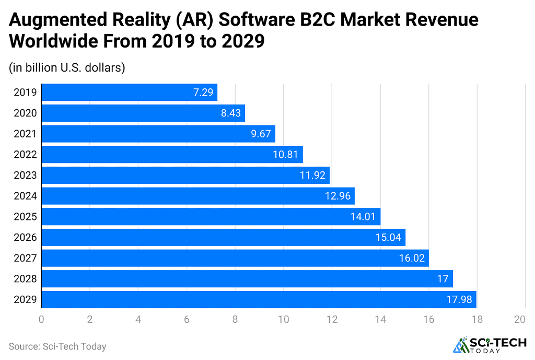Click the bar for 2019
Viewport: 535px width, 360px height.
tap(129, 92)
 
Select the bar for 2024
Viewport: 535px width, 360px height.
tap(197, 196)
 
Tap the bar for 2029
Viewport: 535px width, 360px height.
tap(259, 299)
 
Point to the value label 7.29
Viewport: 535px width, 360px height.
tap(203, 92)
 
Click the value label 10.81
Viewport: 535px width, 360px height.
tap(286, 155)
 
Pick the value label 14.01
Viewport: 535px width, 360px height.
tap(363, 217)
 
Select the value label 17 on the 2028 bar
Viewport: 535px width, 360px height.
tap(443, 279)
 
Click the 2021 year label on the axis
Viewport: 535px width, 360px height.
tap(25, 134)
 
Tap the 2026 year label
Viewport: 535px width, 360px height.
tap(25, 238)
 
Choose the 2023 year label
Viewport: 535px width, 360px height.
tap(25, 176)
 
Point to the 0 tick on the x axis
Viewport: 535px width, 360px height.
tap(41, 319)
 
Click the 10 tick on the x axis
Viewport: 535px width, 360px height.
tap(283, 319)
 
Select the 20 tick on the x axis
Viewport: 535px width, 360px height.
tap(519, 319)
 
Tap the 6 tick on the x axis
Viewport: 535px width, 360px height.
tap(187, 319)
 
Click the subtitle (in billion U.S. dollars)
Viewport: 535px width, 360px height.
tap(67, 67)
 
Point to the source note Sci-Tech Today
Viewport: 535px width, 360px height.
tap(57, 346)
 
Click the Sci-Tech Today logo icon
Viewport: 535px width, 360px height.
tap(461, 345)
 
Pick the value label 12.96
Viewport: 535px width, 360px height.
tap(337, 196)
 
